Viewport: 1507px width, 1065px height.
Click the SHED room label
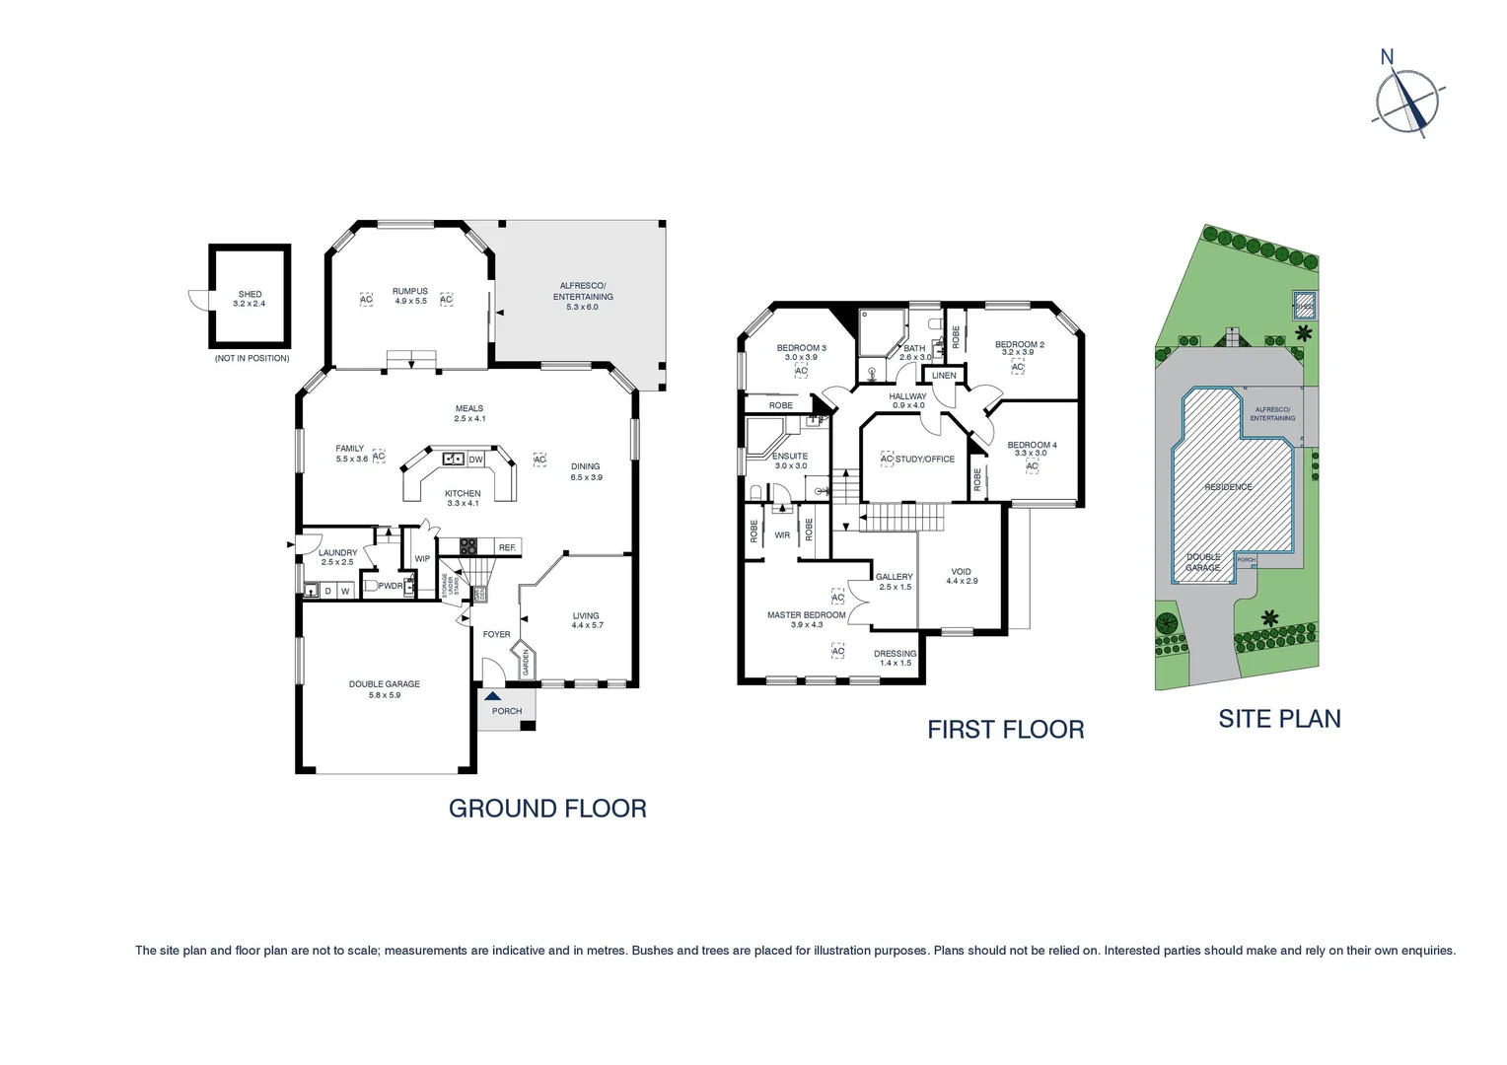[250, 294]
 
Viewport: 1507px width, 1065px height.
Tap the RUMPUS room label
[409, 291]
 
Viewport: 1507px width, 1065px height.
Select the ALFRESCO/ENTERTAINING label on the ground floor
[583, 291]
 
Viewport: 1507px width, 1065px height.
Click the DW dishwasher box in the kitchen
[475, 460]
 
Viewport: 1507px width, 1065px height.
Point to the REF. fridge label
[507, 547]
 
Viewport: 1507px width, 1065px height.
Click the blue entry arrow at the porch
[492, 696]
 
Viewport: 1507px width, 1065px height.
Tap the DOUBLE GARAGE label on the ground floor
[384, 684]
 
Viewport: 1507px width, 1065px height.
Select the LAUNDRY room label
[338, 553]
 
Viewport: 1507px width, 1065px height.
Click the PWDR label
[391, 586]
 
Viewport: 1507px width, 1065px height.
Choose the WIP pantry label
[422, 559]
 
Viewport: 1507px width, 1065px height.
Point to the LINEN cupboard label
[944, 376]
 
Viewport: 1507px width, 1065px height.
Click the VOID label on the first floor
[961, 572]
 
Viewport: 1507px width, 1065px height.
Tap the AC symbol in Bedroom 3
[801, 371]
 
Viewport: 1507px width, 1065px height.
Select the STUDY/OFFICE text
[925, 459]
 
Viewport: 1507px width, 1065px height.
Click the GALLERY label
[895, 577]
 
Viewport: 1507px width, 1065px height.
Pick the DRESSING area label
[895, 654]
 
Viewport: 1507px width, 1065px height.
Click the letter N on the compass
[1387, 57]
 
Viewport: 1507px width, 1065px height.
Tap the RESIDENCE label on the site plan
[1228, 487]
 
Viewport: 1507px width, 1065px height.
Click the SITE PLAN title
[1279, 719]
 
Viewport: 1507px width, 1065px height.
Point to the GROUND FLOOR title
[547, 809]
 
